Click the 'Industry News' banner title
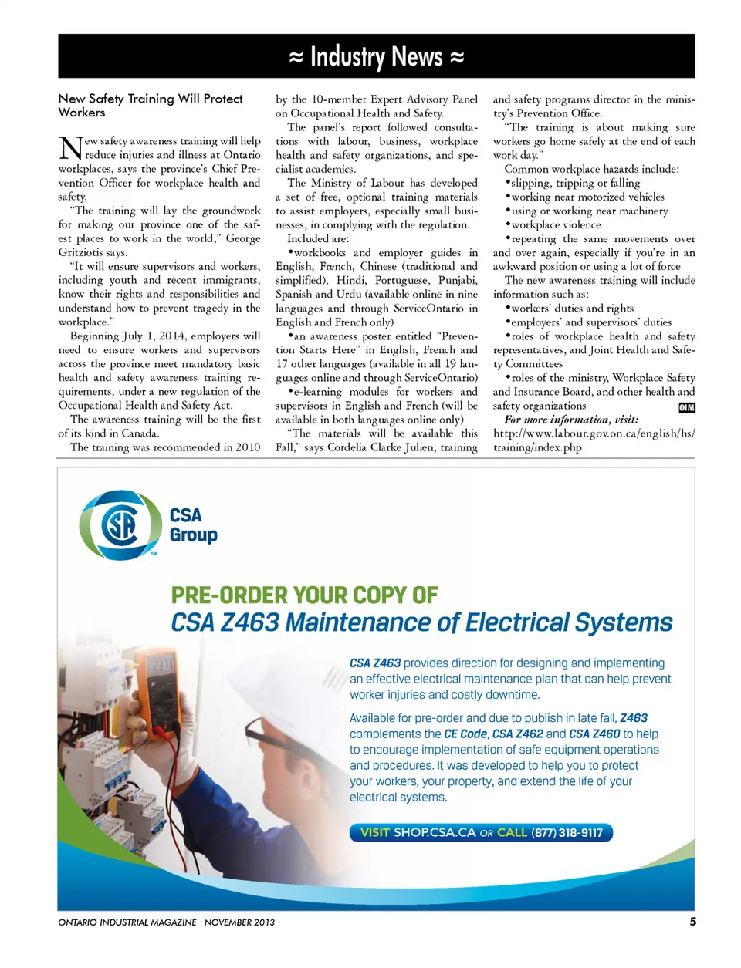click(376, 56)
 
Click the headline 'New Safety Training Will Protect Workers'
click(151, 106)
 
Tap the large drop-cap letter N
click(70, 147)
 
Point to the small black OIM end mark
click(686, 407)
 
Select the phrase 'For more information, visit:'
click(571, 420)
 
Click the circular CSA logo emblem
click(120, 525)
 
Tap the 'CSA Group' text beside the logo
click(192, 525)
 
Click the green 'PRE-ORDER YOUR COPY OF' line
click(304, 595)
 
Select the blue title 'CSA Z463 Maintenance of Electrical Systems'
click(421, 622)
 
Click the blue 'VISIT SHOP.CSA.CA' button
click(481, 832)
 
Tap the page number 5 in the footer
click(692, 922)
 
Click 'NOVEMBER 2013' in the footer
click(239, 922)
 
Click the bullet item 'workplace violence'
click(556, 224)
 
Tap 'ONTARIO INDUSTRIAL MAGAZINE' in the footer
click(127, 922)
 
